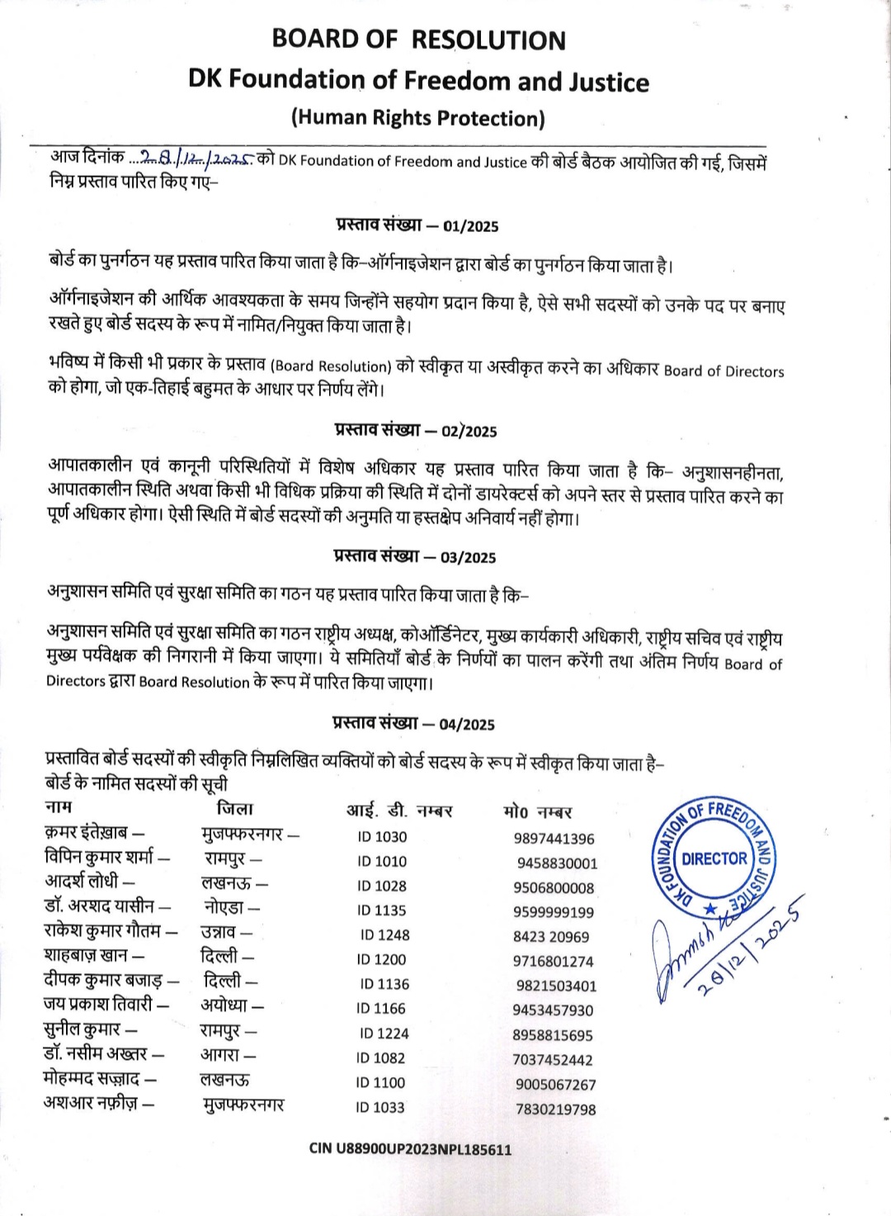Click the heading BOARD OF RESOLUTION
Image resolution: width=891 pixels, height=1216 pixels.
coord(418,40)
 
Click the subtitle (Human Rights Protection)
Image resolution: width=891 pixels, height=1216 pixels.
coord(418,118)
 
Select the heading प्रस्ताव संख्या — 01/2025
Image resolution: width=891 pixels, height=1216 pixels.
coord(417,225)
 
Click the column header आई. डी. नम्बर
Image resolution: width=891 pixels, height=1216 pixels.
coord(399,811)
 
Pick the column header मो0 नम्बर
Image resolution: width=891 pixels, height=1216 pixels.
coord(537,811)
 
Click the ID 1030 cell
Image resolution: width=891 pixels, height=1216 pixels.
coord(382,836)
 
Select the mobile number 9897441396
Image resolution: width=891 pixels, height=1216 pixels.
coord(554,839)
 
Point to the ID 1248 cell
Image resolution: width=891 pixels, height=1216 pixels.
coord(384,934)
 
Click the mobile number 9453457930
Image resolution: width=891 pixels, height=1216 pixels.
coord(552,1010)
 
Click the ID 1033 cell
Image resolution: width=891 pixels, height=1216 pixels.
coord(380,1107)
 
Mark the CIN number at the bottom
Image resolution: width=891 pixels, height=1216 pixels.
coord(410,1148)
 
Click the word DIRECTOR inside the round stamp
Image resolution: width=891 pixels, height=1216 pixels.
coord(714,859)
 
